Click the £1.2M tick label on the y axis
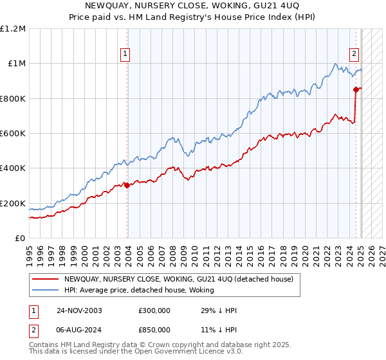click(x=14, y=28)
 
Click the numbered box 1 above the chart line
click(x=124, y=54)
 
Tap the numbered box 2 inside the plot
click(x=354, y=54)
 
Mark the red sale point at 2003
click(x=127, y=186)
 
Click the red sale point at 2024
click(x=356, y=89)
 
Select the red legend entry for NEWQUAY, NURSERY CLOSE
click(x=179, y=279)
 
